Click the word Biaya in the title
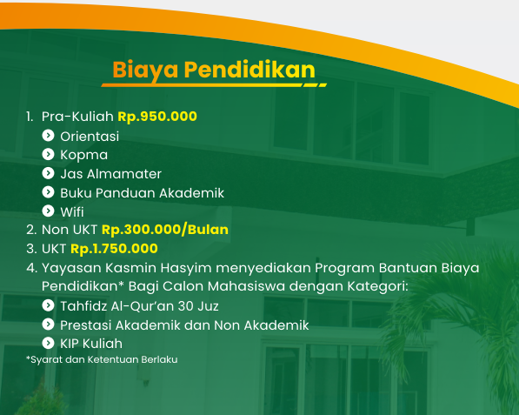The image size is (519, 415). click(146, 70)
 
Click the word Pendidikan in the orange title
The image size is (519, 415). click(250, 70)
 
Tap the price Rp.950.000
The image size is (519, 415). click(157, 117)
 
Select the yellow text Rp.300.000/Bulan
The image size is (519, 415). click(165, 230)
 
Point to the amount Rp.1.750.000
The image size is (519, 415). click(114, 249)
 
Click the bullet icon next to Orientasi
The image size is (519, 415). click(49, 135)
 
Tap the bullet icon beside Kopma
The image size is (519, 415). click(49, 154)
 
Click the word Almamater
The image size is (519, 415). click(124, 174)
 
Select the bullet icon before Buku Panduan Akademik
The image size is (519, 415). click(49, 191)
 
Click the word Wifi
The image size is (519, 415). click(72, 212)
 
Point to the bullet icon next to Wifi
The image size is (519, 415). click(49, 211)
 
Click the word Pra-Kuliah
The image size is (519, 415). click(77, 117)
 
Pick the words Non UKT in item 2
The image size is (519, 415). click(70, 230)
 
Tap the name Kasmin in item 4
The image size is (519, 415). click(130, 268)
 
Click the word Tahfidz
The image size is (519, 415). click(83, 306)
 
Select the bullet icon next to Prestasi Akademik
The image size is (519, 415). click(49, 325)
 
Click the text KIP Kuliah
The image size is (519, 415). click(91, 344)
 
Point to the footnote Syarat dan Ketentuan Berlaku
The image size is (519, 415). click(102, 359)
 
